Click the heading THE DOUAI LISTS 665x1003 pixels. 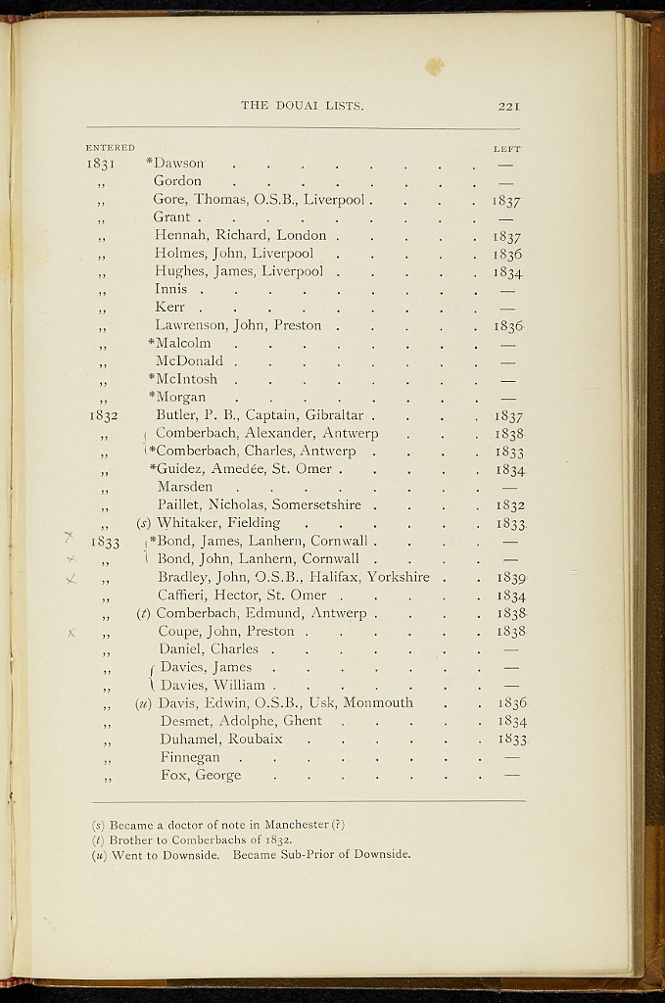pos(303,106)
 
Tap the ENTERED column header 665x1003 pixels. pos(110,148)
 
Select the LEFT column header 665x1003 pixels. pos(506,149)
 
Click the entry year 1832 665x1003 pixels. pos(103,415)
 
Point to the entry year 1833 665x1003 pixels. pos(105,542)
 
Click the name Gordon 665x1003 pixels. pos(177,181)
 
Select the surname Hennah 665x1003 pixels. pos(178,235)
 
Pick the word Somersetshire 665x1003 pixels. pos(316,505)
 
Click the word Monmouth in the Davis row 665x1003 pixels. pos(378,703)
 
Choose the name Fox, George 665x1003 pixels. pos(201,776)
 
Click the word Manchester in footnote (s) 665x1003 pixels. pos(294,824)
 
